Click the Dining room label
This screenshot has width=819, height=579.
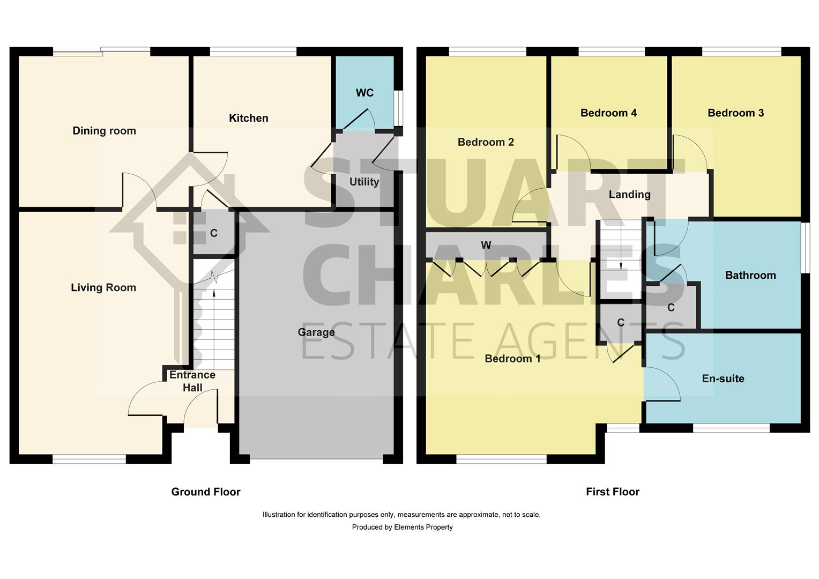pos(104,131)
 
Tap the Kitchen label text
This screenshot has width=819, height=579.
pos(248,118)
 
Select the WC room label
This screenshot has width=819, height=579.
pos(364,93)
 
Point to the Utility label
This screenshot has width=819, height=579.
pos(364,182)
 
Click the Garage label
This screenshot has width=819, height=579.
pos(316,332)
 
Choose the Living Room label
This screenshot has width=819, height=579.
pos(103,287)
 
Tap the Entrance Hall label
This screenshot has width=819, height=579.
pos(192,381)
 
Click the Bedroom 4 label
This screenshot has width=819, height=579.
pos(608,113)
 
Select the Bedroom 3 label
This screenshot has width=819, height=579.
pos(735,113)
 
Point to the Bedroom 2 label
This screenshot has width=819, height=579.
pos(486,142)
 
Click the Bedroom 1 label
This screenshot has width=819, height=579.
pos(512,358)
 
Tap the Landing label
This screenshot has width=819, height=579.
pos(629,195)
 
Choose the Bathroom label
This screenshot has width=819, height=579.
pos(750,275)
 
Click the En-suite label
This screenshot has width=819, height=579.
pos(723,378)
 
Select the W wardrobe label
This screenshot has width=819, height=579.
pos(486,245)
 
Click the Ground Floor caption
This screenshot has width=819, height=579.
pos(206,492)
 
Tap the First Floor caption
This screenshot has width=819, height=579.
pos(612,492)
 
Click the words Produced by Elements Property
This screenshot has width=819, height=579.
pos(402,527)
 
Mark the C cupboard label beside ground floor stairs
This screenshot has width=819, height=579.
pos(214,233)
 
